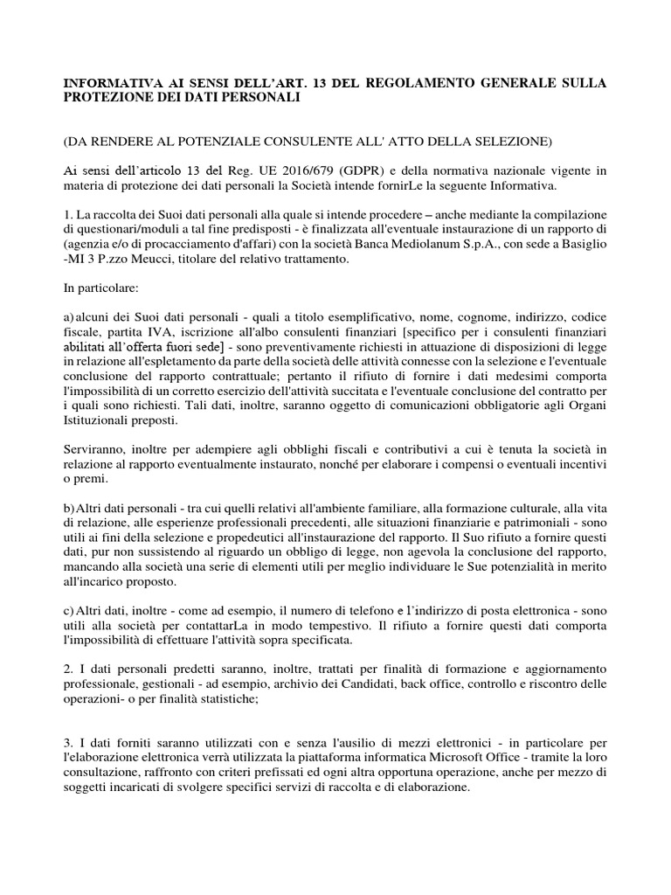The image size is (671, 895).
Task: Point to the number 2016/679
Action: point(333,170)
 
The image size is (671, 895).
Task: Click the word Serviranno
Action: point(98,449)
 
